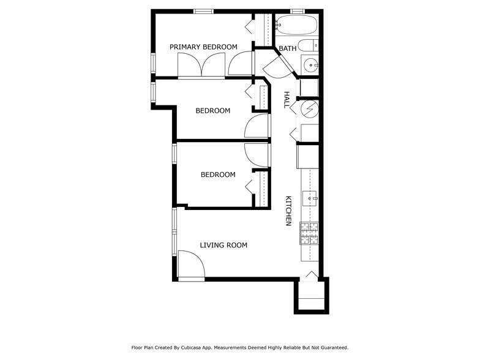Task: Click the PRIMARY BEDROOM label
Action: (203, 47)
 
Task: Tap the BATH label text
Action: (287, 48)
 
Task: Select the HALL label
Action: (287, 100)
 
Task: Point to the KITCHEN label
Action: (287, 211)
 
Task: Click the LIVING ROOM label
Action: (223, 245)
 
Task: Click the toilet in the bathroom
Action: (312, 45)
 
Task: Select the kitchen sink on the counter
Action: (311, 197)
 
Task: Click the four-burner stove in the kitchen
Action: (310, 233)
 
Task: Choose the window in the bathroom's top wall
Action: (298, 11)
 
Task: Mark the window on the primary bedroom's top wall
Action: (203, 11)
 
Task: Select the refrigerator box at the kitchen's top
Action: (307, 156)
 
